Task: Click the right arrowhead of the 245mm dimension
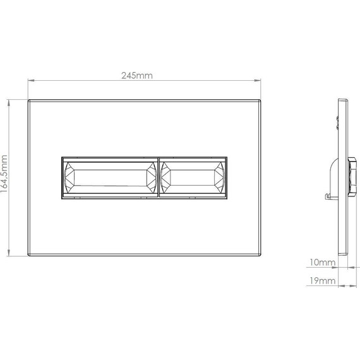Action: (260, 80)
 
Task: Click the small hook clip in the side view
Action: (328, 197)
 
